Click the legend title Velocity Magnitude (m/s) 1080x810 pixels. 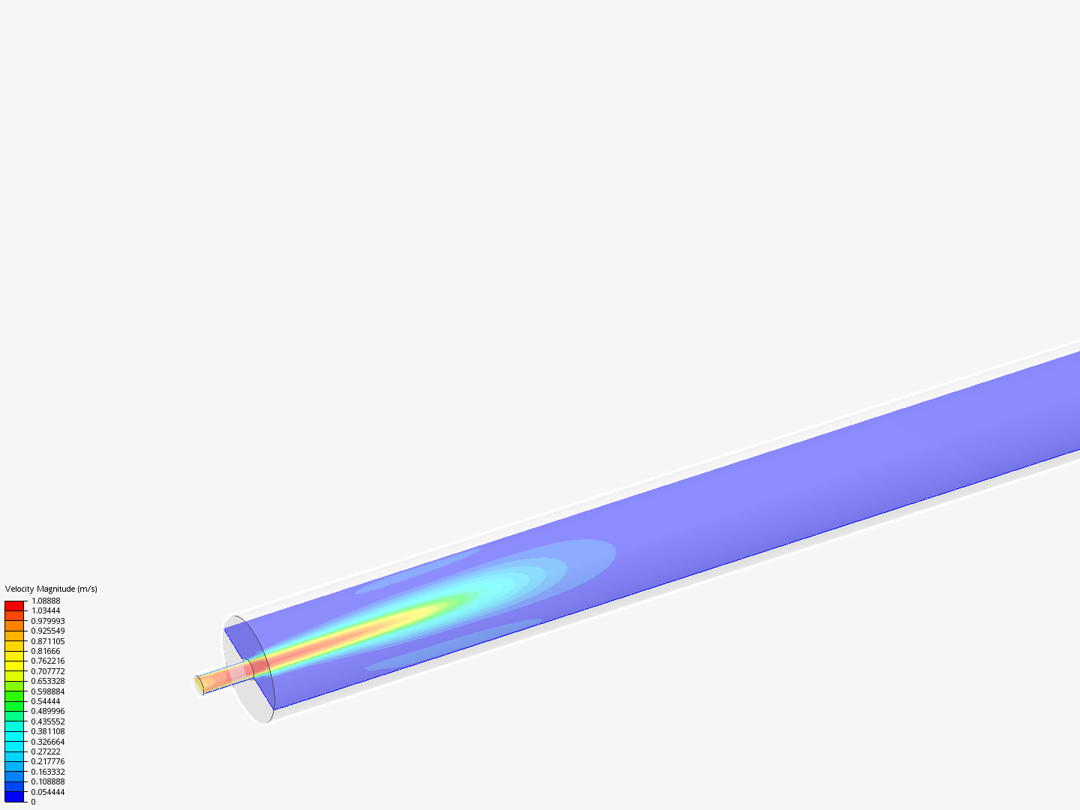[51, 589]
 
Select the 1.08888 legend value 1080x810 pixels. [46, 601]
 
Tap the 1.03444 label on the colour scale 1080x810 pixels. [46, 610]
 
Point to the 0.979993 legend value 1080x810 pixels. [48, 621]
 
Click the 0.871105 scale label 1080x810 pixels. [48, 641]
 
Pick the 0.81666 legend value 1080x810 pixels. [46, 651]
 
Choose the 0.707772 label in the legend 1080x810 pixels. [48, 671]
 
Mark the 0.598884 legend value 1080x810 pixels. [48, 691]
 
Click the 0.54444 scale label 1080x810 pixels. [46, 701]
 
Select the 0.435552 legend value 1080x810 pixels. [48, 721]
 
